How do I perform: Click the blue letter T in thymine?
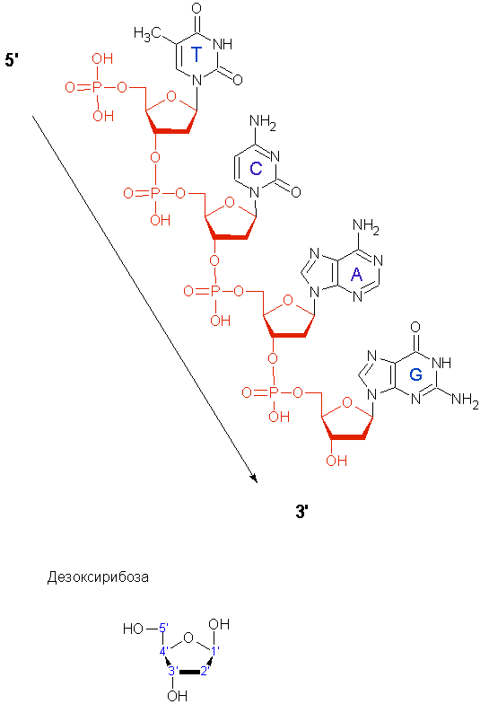point(196,54)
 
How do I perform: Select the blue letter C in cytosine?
point(256,169)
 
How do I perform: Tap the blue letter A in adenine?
point(357,275)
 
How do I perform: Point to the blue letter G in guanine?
point(416,374)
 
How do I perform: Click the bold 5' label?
point(12,59)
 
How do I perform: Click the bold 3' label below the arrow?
point(302,512)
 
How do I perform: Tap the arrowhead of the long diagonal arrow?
point(255,479)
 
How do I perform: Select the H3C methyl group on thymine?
point(147,32)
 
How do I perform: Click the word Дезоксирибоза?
point(98,576)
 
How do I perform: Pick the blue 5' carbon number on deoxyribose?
point(164,627)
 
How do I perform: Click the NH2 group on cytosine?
point(262,122)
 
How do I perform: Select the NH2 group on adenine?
point(366,226)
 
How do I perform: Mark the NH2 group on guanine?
point(465,399)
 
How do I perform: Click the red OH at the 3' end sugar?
point(336,461)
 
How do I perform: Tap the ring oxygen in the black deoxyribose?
point(188,638)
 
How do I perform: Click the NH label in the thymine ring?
point(223,44)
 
